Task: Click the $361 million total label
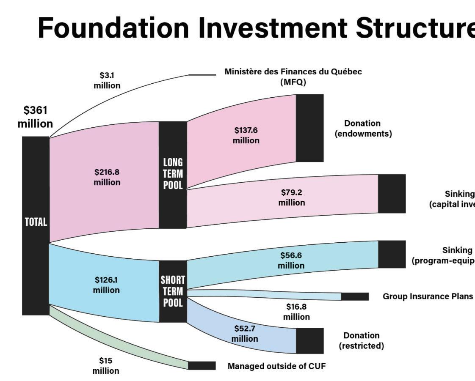tap(35, 117)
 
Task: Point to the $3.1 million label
tap(107, 80)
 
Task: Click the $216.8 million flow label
tap(107, 177)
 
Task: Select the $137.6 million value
tap(246, 135)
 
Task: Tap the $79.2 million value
tap(291, 197)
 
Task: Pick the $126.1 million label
tap(106, 285)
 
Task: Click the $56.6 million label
tap(291, 260)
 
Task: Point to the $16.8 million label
tap(296, 312)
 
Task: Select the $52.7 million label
tap(245, 333)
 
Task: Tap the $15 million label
tap(106, 366)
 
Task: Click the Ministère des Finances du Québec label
tap(293, 77)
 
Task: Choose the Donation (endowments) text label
tap(363, 129)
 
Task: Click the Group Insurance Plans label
tap(428, 296)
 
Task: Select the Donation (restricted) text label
tap(361, 340)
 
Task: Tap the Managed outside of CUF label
tap(276, 366)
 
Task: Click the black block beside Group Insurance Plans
tap(355, 296)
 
